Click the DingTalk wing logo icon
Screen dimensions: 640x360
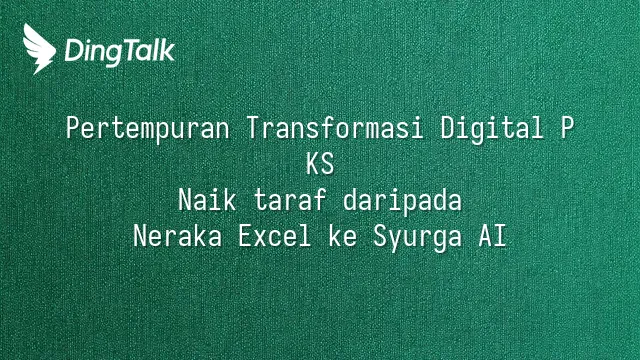39,49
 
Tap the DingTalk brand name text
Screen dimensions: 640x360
120,52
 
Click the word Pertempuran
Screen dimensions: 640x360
147,129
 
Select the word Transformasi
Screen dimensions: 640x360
335,128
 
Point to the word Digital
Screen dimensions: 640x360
492,129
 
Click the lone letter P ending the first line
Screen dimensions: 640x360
567,128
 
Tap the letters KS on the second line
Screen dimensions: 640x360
320,164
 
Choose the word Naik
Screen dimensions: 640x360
207,200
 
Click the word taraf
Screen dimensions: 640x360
290,200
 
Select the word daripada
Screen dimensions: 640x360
402,201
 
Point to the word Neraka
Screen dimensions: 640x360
178,236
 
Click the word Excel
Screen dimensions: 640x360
275,236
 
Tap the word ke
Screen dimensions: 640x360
343,236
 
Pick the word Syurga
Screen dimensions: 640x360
418,237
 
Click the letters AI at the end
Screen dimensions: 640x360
493,236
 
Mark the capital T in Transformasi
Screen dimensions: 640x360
254,128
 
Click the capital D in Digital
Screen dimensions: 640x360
448,128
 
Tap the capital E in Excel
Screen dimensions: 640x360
245,236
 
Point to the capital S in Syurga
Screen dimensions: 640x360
380,236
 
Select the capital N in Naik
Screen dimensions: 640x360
185,200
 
